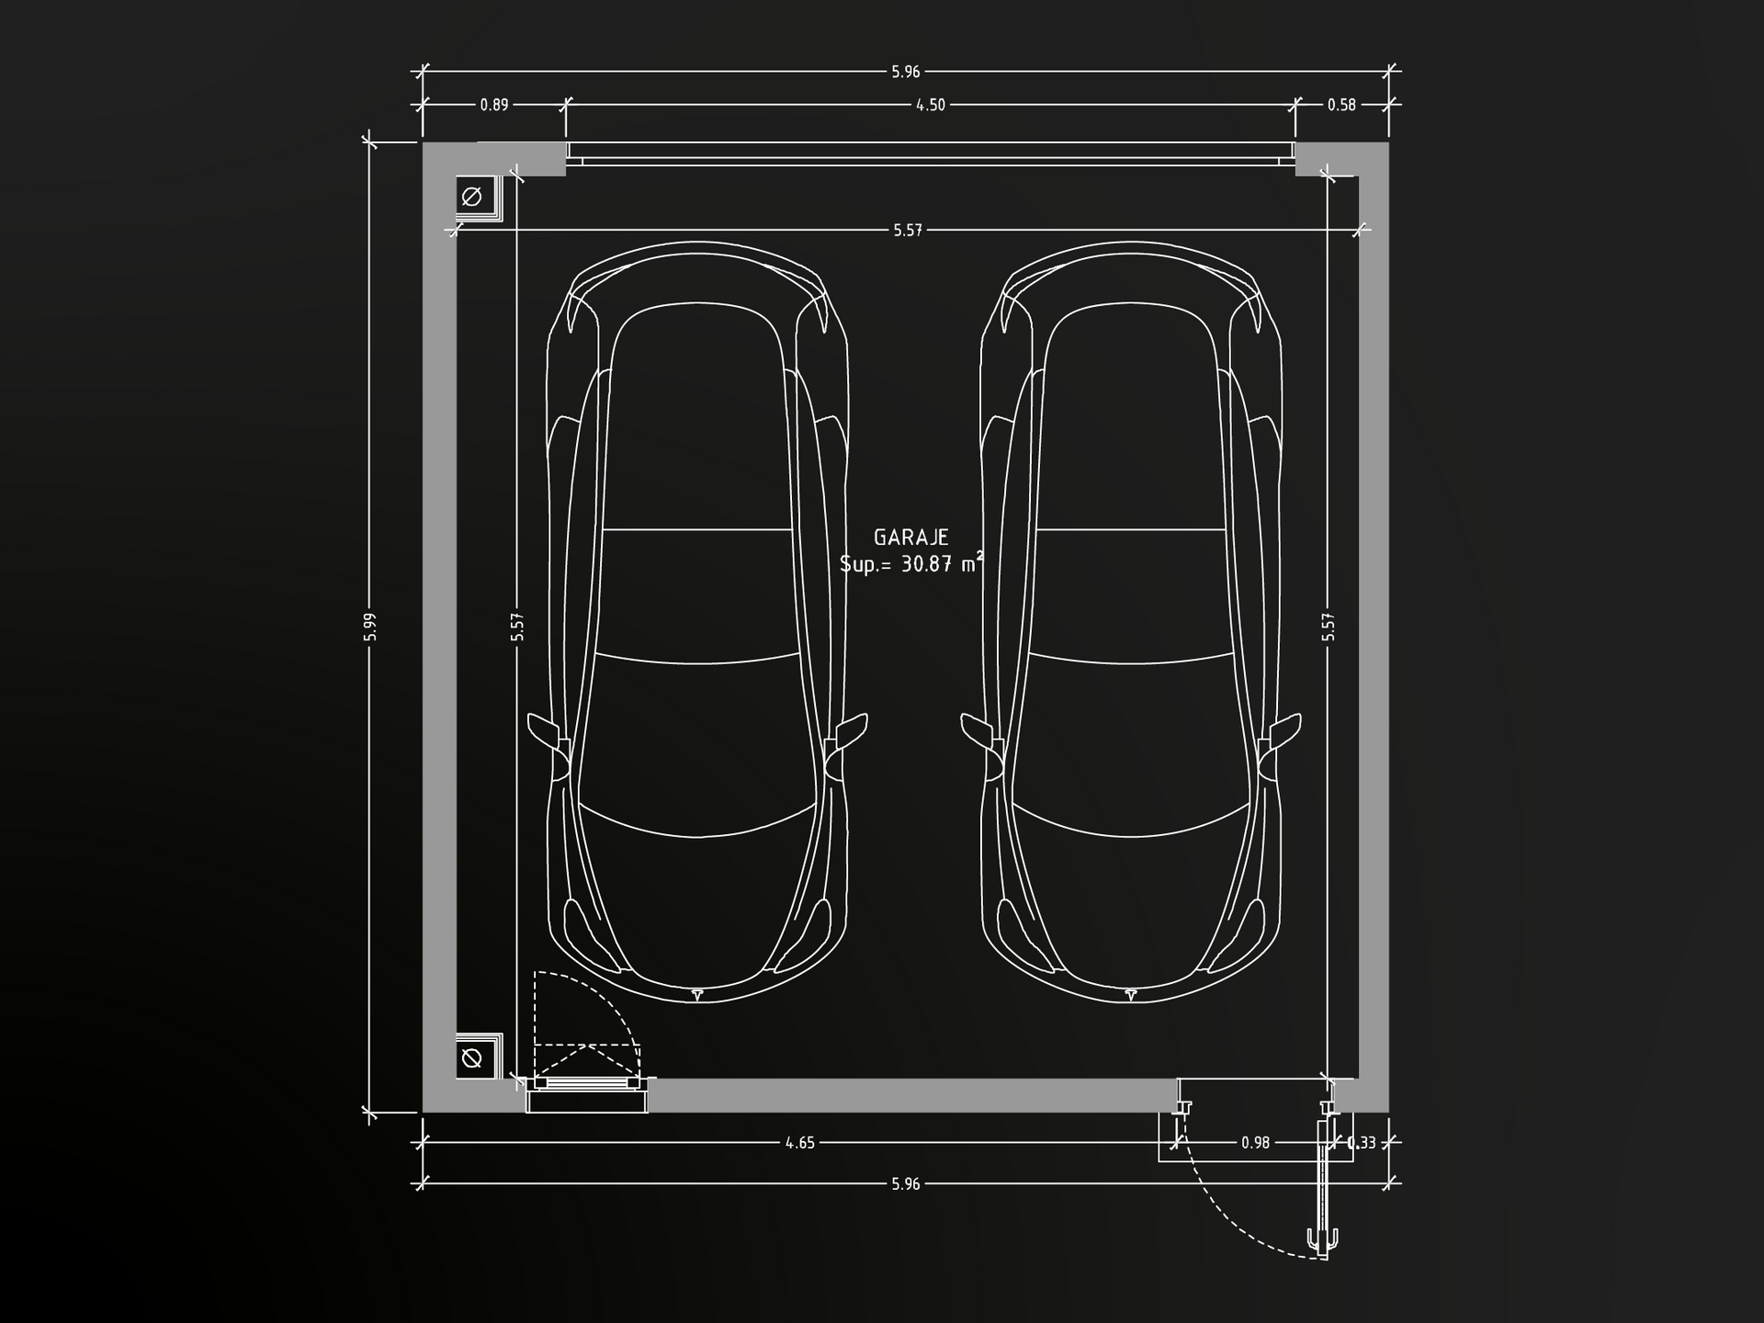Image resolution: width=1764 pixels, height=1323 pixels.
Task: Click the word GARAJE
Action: (910, 537)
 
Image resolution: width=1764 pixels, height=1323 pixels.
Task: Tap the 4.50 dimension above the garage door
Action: (931, 105)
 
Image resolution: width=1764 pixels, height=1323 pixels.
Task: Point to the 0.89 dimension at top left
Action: (494, 105)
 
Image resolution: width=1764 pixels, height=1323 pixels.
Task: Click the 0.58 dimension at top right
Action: (1341, 105)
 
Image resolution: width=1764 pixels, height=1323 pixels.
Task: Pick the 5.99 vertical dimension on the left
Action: (369, 627)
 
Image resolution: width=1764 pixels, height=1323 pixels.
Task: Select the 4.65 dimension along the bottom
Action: (799, 1143)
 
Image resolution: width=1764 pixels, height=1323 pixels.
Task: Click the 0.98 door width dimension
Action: (1255, 1143)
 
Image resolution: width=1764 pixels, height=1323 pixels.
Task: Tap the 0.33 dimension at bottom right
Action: (1362, 1143)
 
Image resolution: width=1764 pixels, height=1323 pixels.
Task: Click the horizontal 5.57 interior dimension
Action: (908, 230)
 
